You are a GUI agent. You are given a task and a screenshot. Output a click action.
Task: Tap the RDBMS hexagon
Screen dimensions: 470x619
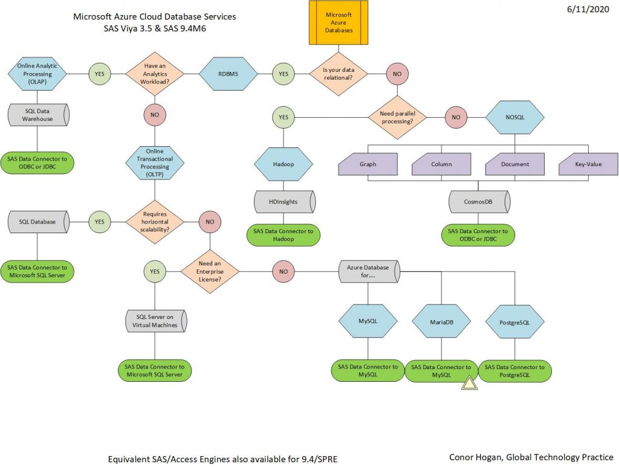tap(228, 74)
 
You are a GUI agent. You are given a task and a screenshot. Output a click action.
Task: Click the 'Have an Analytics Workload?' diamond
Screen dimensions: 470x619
tap(155, 74)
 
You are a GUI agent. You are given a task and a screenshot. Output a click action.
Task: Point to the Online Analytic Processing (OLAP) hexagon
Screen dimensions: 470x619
tap(38, 74)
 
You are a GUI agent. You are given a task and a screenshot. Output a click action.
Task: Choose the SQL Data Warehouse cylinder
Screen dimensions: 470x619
tap(38, 115)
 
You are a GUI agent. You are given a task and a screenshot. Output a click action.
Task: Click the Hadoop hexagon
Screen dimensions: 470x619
tap(284, 164)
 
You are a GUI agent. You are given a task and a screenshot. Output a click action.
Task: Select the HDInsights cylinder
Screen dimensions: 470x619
tap(284, 201)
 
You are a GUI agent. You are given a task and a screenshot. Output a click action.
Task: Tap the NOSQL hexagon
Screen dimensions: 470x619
tap(515, 117)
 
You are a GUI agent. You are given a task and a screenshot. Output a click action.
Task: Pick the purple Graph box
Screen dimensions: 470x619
tap(368, 164)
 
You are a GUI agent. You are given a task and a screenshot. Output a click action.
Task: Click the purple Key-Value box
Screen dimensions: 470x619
tap(588, 164)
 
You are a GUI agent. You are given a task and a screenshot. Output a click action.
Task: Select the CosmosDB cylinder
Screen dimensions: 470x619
tap(479, 201)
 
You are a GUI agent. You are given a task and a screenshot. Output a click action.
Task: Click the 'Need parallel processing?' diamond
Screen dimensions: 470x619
tap(397, 117)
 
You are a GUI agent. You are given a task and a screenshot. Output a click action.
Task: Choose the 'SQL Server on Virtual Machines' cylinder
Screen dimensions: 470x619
tap(155, 321)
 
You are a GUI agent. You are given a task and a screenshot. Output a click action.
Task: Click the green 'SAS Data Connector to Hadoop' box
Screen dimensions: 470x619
tap(284, 235)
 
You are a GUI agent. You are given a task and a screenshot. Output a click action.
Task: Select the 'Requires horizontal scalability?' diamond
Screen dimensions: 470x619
tap(155, 222)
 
